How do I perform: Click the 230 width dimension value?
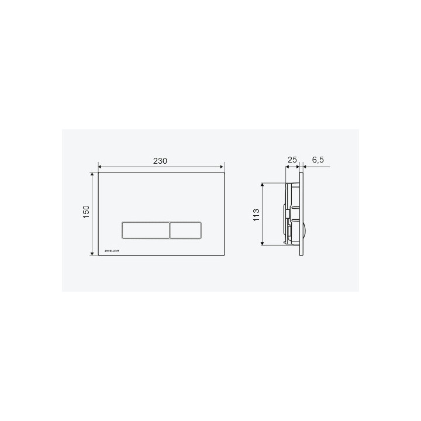coord(160,160)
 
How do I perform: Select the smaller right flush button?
coord(186,230)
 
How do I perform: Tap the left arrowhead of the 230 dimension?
coord(100,166)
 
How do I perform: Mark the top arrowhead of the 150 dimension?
coord(92,174)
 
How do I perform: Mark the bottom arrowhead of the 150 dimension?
coord(92,253)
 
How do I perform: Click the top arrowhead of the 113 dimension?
coord(263,184)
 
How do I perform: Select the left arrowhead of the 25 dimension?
coord(287,167)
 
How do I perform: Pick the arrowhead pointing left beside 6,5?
coord(305,167)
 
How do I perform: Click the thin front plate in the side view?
coord(301,214)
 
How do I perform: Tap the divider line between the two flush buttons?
coord(170,230)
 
